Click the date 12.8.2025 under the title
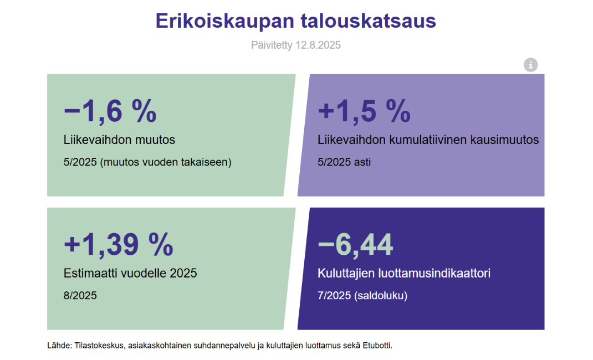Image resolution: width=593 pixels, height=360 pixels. pyautogui.click(x=318, y=45)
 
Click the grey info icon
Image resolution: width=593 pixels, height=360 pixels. pyautogui.click(x=530, y=65)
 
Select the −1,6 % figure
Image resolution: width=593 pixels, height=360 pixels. pyautogui.click(x=110, y=111)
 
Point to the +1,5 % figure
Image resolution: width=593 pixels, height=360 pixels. pyautogui.click(x=364, y=111)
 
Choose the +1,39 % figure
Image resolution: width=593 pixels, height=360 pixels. pyautogui.click(x=119, y=244)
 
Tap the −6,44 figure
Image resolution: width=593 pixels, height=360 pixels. pyautogui.click(x=355, y=244)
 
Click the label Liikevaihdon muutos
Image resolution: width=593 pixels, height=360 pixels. pyautogui.click(x=119, y=140)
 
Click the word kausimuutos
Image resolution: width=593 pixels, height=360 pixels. pyautogui.click(x=504, y=140)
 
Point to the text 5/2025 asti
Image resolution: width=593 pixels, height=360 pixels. pyautogui.click(x=344, y=162)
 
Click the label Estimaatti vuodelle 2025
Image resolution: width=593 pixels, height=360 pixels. pyautogui.click(x=130, y=273)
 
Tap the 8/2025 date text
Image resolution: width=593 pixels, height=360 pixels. pyautogui.click(x=80, y=295)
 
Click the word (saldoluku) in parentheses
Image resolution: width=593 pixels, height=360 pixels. pyautogui.click(x=381, y=295)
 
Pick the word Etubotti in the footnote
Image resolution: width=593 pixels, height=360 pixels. pyautogui.click(x=377, y=346)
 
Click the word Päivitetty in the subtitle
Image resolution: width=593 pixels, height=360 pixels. pyautogui.click(x=272, y=45)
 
